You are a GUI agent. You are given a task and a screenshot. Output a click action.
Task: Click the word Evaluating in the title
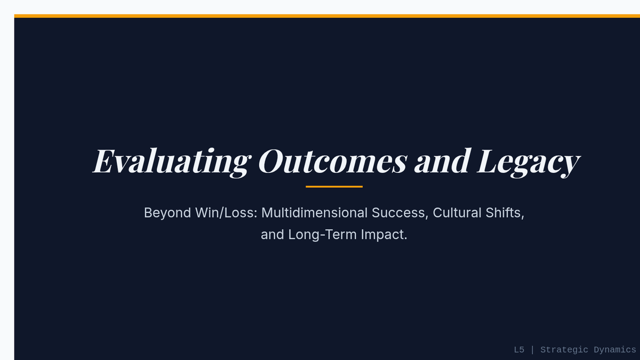[172, 162]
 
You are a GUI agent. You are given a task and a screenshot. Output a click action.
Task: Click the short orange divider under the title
[334, 187]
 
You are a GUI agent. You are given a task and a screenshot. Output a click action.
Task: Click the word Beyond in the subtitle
[167, 213]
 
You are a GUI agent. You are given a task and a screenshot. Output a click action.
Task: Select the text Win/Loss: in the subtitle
[227, 213]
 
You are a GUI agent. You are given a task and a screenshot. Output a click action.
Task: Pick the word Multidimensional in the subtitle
[314, 213]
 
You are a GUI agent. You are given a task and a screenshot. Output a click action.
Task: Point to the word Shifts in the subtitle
[503, 213]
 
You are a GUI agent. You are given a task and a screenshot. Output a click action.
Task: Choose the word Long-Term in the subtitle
[322, 235]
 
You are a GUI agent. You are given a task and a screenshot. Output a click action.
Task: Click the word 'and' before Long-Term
[273, 235]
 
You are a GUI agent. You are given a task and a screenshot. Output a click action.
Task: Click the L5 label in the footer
[519, 350]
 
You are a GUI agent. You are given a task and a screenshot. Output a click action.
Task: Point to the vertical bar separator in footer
[532, 350]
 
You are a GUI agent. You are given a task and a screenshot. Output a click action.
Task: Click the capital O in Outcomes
[271, 161]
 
